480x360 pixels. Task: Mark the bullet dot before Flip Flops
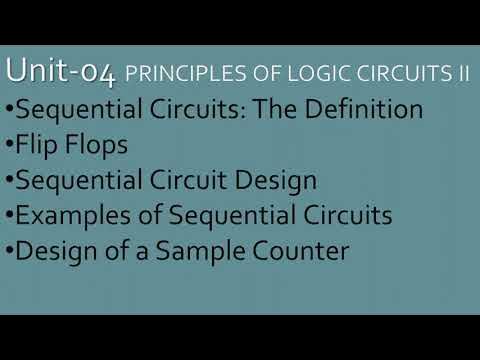[x=9, y=145]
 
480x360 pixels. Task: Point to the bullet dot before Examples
[x=9, y=216]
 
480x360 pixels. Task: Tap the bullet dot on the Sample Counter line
[x=9, y=252]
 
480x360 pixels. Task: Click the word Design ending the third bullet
[x=275, y=180]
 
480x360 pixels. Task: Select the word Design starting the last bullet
[x=56, y=251]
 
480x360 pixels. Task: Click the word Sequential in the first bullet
[x=72, y=108]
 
